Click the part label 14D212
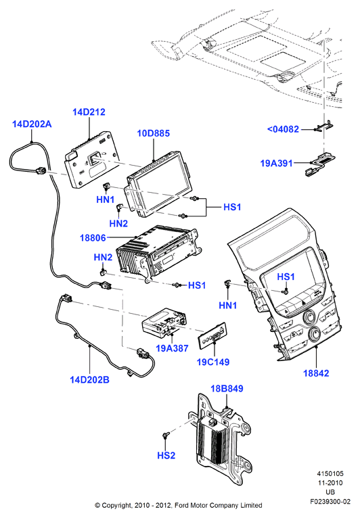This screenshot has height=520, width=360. click(x=89, y=112)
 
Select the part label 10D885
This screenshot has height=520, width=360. click(x=154, y=133)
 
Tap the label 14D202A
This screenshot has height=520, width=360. click(x=32, y=124)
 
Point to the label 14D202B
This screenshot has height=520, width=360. click(x=89, y=379)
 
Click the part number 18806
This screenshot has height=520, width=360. click(x=93, y=238)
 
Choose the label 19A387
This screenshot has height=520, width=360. click(x=172, y=348)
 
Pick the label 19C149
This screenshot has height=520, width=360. click(x=213, y=362)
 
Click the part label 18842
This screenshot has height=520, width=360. click(x=316, y=373)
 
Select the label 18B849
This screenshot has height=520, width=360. click(x=227, y=388)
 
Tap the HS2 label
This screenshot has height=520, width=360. click(x=166, y=455)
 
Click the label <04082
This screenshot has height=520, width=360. click(x=283, y=129)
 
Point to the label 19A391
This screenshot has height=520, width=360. click(x=276, y=163)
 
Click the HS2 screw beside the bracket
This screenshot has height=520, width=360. click(x=165, y=434)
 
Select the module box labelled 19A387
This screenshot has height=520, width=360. click(x=164, y=323)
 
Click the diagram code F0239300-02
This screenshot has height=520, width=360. click(x=330, y=502)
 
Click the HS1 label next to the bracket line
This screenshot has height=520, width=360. click(x=232, y=207)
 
